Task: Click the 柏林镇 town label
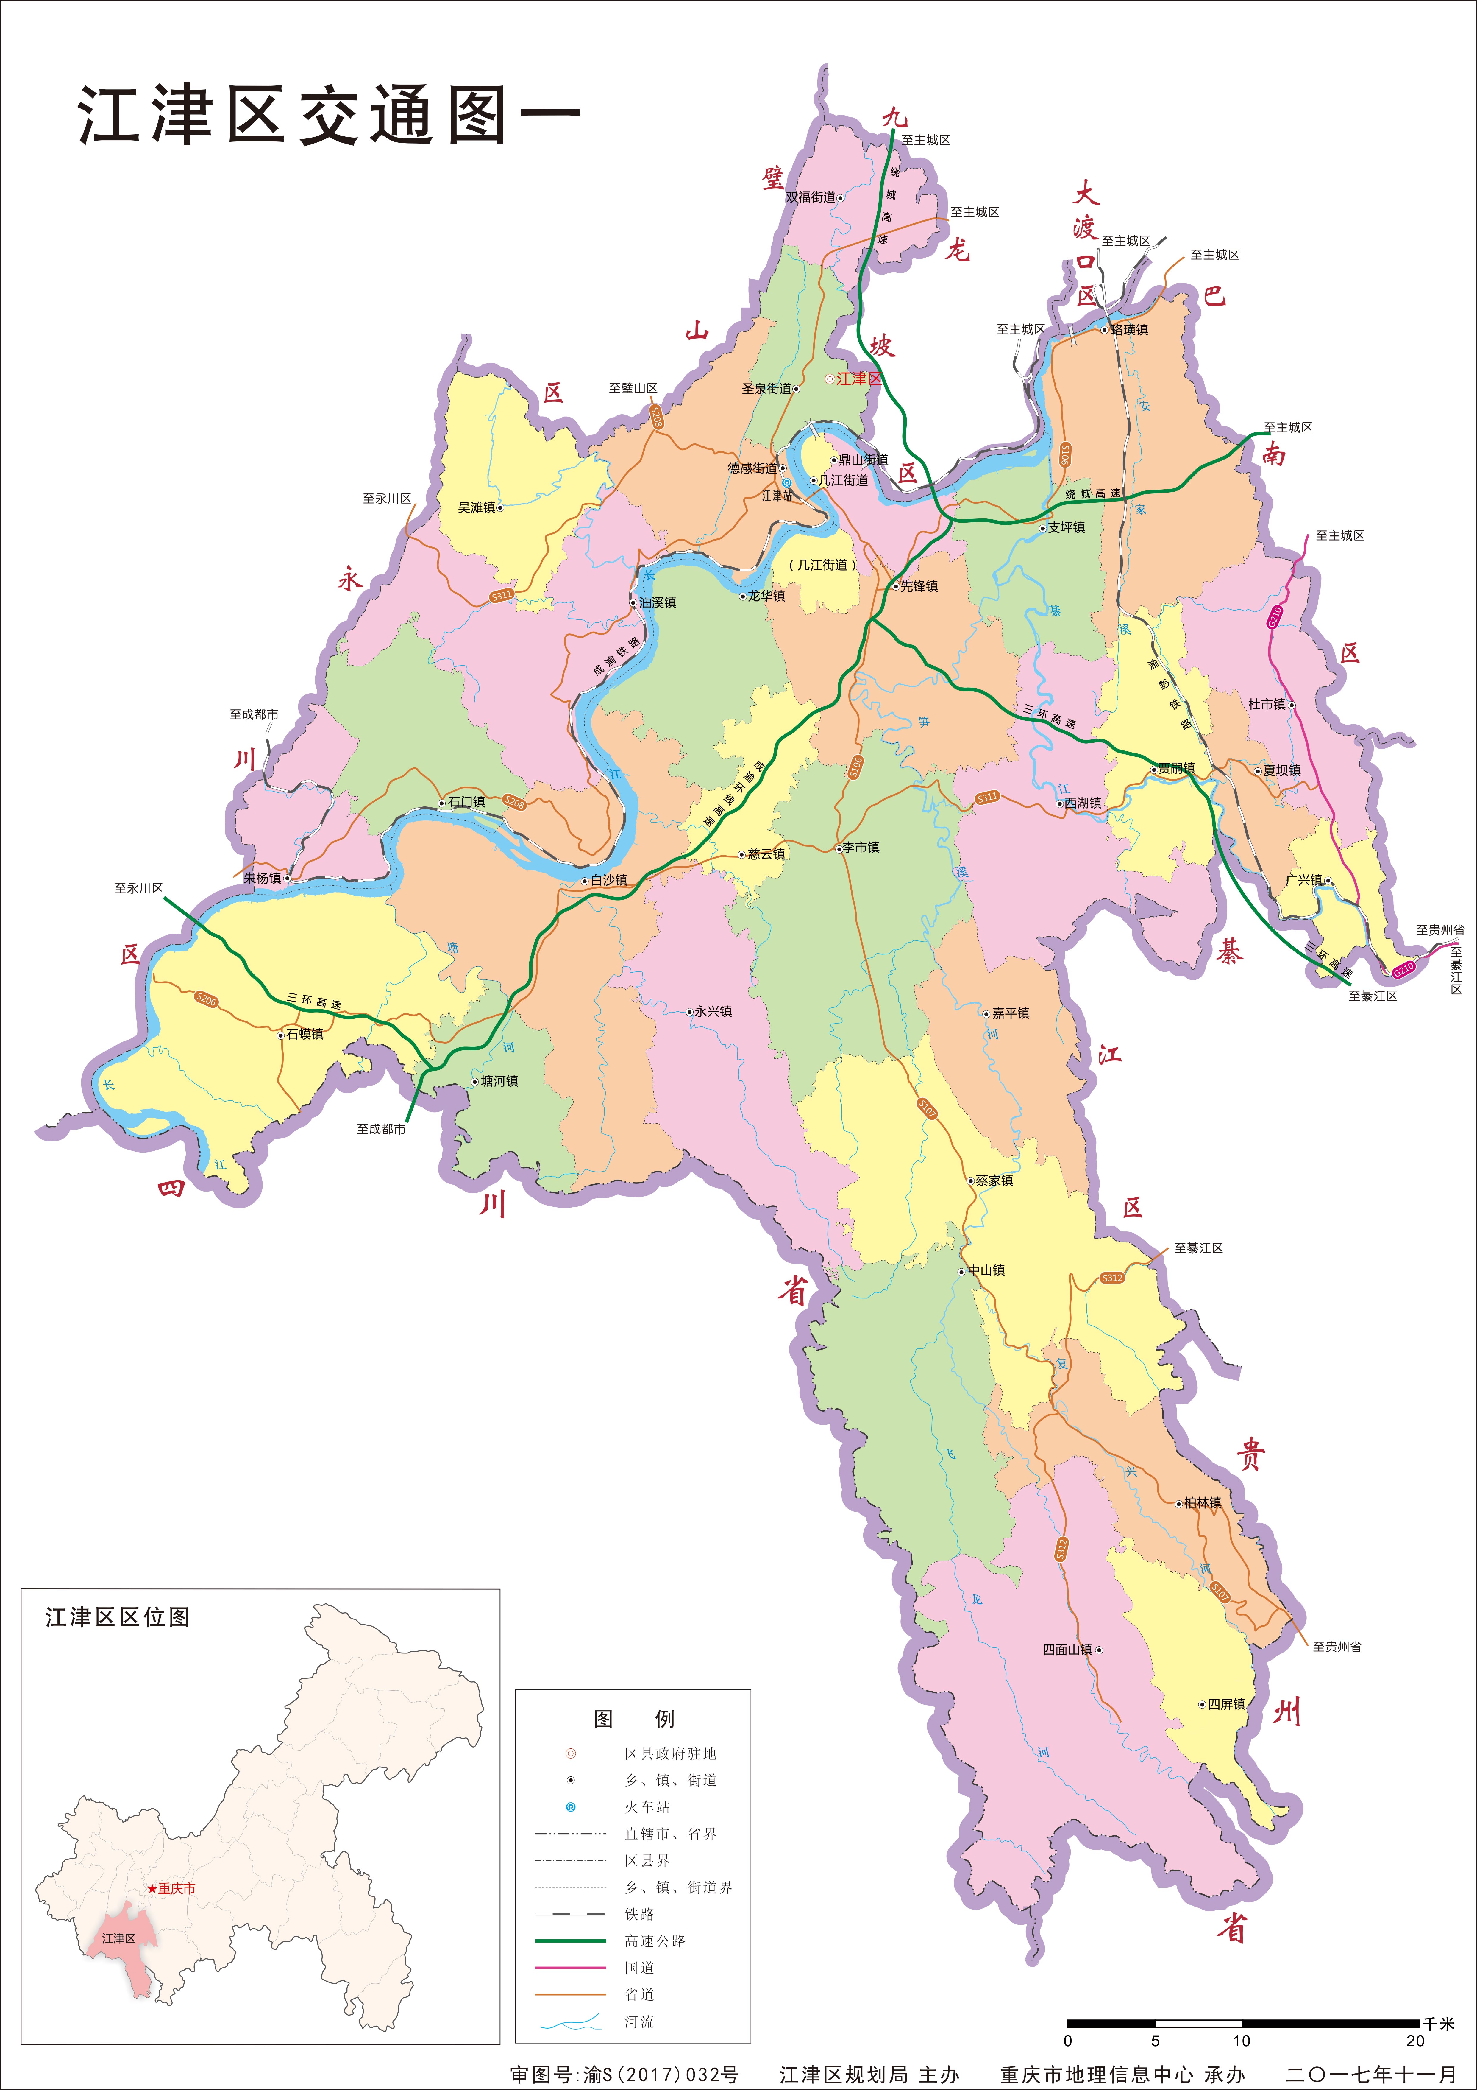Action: point(1203,1503)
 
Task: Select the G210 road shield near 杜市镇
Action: point(1275,616)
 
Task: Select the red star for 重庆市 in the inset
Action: point(152,1889)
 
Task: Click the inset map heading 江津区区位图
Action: point(117,1618)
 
